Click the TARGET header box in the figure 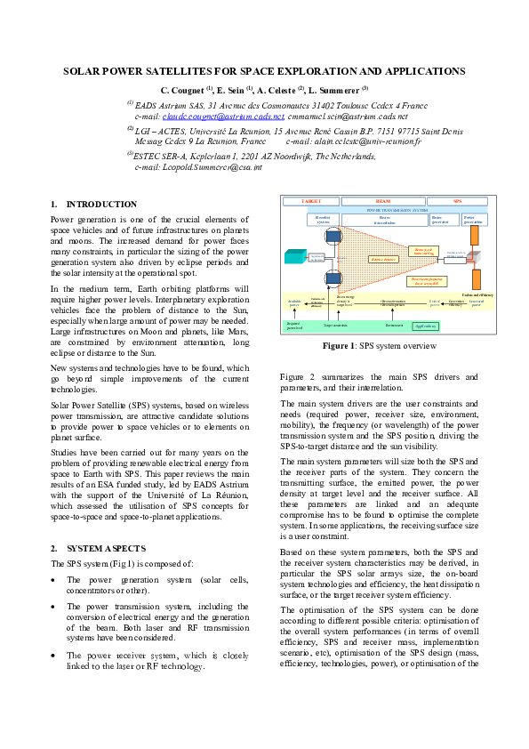click(x=310, y=202)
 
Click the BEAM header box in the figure click(x=384, y=202)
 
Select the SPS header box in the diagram click(x=457, y=202)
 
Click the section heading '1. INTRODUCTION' click(x=93, y=205)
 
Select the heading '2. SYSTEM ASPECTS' click(x=99, y=548)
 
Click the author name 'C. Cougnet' click(x=184, y=91)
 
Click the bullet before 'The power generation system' click(x=55, y=581)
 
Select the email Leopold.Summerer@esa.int click(x=198, y=166)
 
